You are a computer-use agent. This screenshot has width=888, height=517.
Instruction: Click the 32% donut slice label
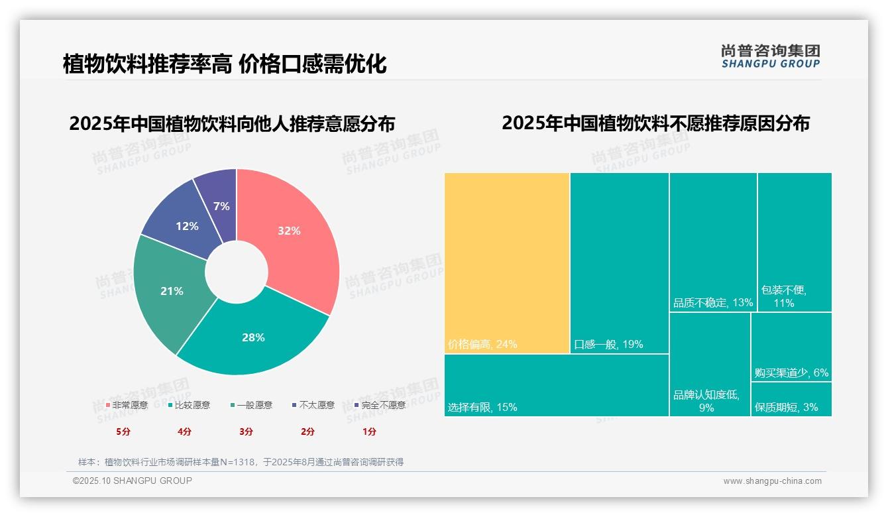289,231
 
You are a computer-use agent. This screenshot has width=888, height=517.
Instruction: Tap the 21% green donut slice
172,291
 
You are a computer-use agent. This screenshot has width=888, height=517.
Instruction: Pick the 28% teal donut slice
253,337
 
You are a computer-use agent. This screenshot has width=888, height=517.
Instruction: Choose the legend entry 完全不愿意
380,405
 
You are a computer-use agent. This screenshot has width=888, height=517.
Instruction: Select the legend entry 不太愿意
313,405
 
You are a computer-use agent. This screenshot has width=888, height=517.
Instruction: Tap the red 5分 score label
124,431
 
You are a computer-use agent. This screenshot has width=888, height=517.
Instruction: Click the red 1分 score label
369,431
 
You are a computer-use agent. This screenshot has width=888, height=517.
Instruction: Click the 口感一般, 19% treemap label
608,344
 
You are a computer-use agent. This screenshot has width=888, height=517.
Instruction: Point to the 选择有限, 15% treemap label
482,407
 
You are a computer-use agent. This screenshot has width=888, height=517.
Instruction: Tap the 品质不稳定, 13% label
713,303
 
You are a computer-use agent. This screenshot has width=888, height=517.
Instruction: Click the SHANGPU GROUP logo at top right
771,56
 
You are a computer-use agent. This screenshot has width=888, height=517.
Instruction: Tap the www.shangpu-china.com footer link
772,481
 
